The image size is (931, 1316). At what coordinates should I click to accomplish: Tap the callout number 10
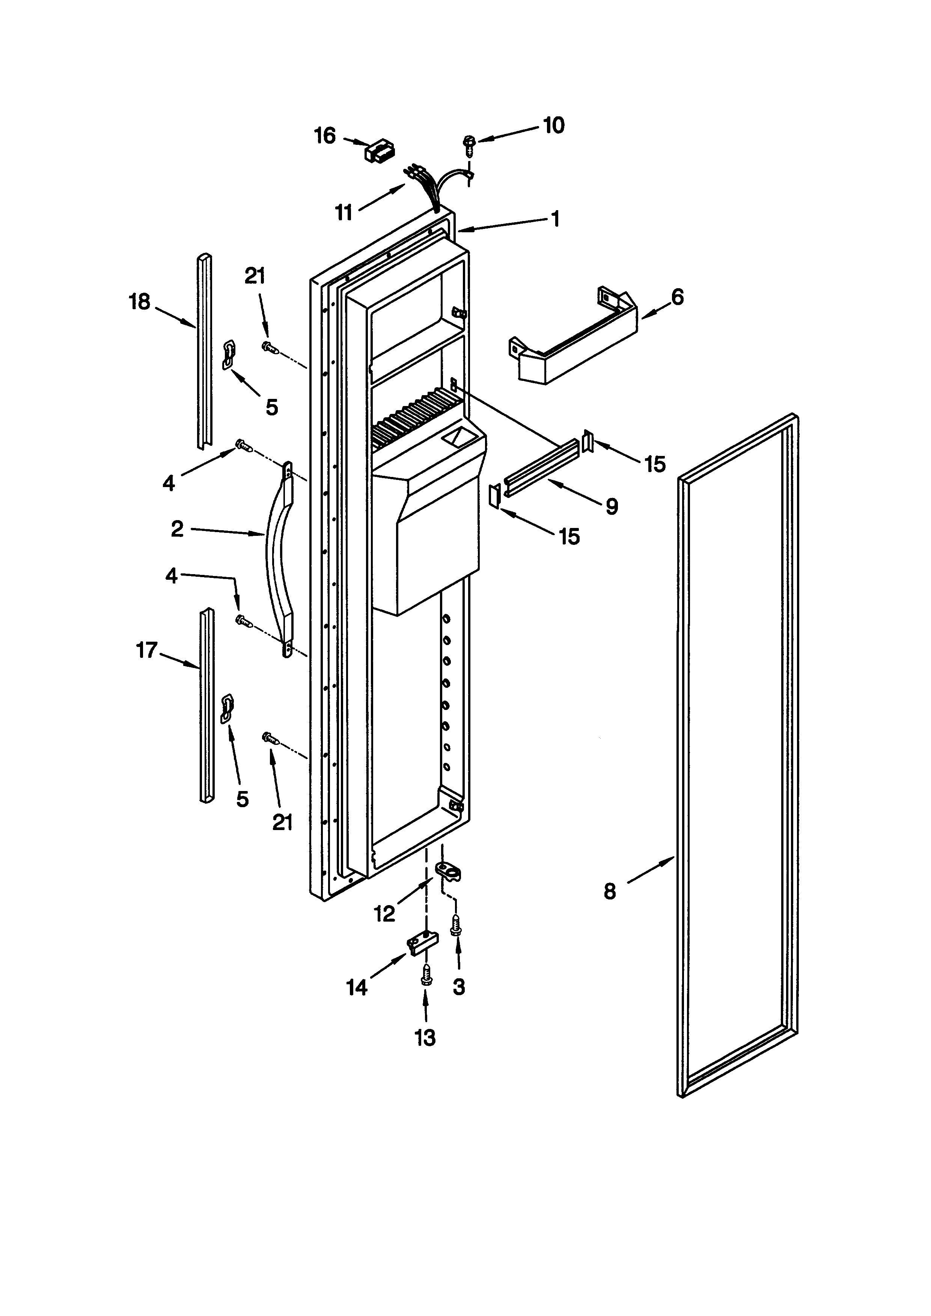(553, 125)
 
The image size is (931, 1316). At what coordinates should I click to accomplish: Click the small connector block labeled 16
(379, 152)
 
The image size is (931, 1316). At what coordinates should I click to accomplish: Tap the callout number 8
(610, 891)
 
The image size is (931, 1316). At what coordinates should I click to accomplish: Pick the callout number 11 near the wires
(343, 213)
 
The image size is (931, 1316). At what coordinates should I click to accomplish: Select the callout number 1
(554, 218)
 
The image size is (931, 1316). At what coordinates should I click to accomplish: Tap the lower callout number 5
(243, 799)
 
